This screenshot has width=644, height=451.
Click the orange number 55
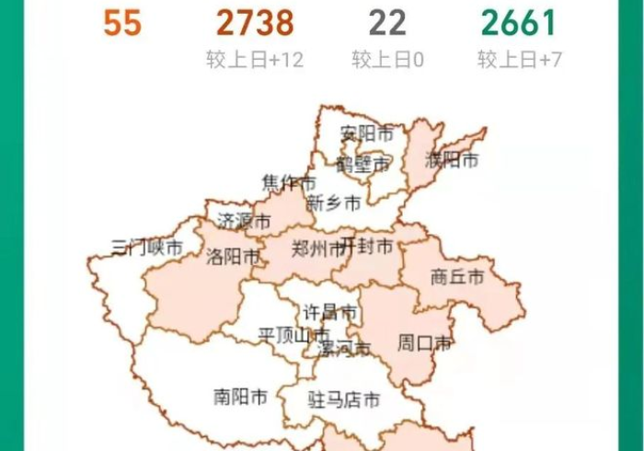121,23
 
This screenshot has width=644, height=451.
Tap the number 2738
255,23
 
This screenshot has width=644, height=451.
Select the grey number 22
387,23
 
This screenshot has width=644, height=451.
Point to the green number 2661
519,23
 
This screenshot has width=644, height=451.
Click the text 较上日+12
255,61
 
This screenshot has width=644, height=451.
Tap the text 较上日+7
519,61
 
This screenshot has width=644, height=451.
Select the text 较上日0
387,61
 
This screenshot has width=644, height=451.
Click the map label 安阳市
366,134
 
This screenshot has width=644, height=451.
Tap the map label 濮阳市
452,160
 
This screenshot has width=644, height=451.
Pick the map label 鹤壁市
363,166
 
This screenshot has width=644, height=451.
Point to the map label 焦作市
288,181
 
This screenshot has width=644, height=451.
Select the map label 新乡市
333,203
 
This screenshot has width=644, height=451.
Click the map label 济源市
245,222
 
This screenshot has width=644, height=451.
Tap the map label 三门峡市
147,248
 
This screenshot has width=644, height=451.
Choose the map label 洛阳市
234,257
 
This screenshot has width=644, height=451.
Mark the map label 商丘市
457,277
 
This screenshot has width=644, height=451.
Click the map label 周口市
424,344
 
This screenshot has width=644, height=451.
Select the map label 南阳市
240,398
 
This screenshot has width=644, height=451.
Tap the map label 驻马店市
343,400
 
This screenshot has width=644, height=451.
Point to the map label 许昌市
330,314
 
